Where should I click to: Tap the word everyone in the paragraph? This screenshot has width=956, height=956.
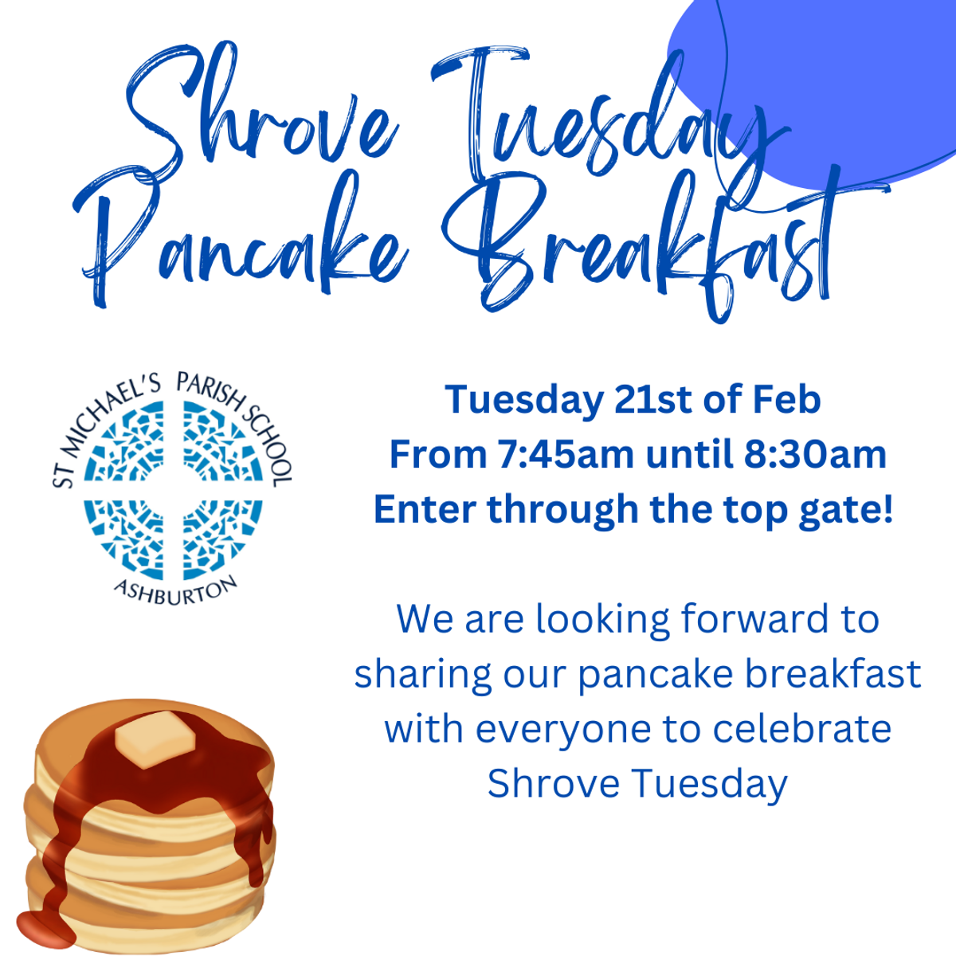[563, 731]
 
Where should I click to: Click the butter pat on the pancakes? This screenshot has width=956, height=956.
[154, 739]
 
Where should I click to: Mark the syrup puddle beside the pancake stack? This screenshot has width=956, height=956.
[45, 927]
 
